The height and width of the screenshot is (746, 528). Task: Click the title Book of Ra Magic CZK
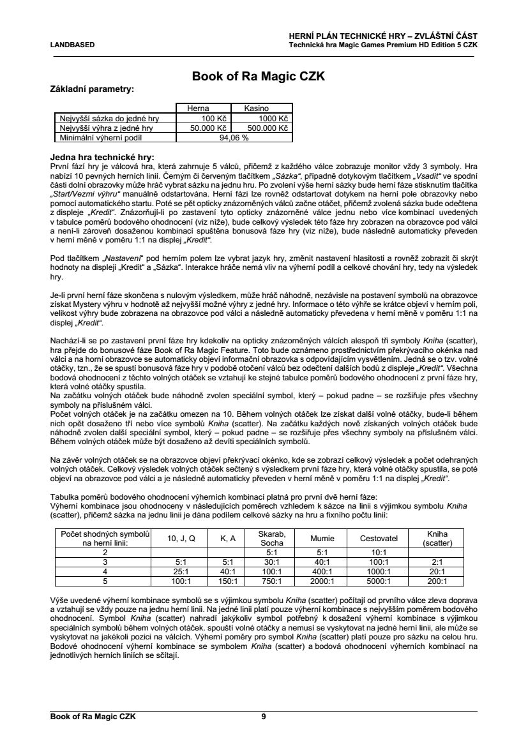(x=259, y=77)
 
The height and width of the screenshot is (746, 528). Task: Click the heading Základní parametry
(x=92, y=89)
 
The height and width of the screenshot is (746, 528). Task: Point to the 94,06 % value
(x=233, y=137)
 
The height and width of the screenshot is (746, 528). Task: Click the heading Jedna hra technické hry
(x=102, y=157)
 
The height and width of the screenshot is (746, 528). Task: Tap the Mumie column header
(x=322, y=539)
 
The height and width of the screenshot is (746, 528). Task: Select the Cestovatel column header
(x=379, y=539)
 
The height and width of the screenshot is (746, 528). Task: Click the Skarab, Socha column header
(x=271, y=538)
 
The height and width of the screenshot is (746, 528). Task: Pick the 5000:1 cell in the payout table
(x=379, y=581)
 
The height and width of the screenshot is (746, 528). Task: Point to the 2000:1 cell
(x=322, y=581)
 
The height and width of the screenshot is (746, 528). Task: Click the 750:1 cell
(x=271, y=581)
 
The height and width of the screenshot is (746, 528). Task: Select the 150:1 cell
(x=228, y=581)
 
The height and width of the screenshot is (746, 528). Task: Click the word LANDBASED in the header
(x=72, y=45)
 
